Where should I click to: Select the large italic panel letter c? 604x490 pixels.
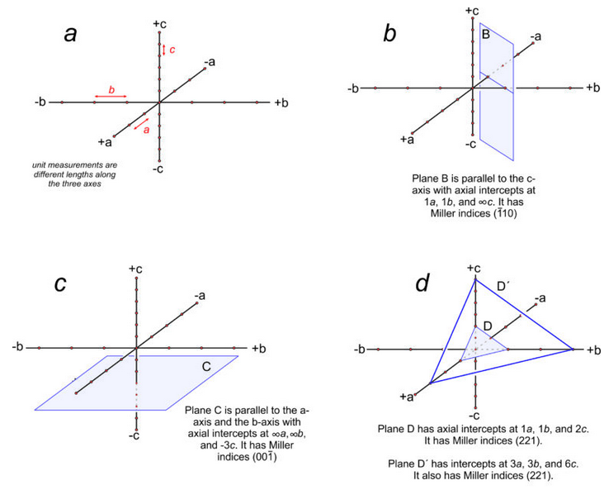point(60,283)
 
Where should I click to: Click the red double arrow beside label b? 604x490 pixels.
point(111,97)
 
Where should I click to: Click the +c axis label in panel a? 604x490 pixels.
point(159,24)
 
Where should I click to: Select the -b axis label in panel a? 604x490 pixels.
point(40,102)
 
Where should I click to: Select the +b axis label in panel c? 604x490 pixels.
point(258,347)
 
